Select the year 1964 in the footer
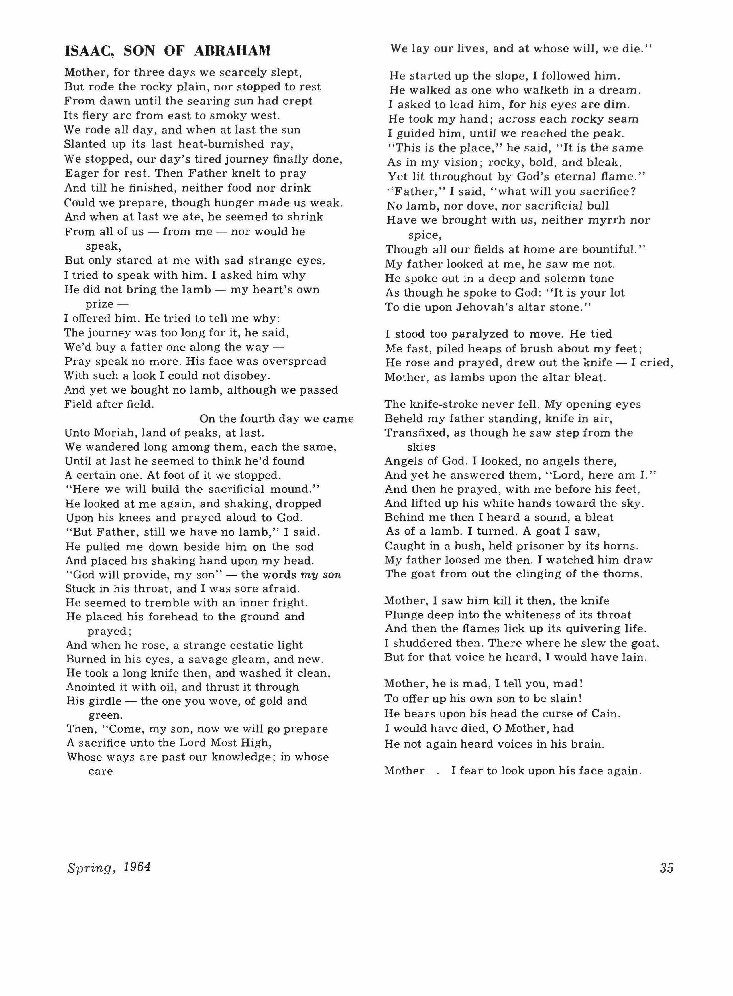[x=137, y=867]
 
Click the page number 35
[x=667, y=868]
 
